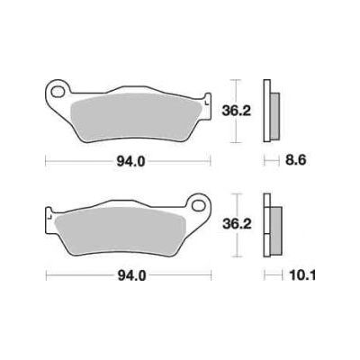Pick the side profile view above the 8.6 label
pyautogui.click(x=268, y=111)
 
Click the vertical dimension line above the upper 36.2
pyautogui.click(x=236, y=88)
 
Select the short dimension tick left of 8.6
pyautogui.click(x=265, y=161)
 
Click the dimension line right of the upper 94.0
pyautogui.click(x=180, y=161)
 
